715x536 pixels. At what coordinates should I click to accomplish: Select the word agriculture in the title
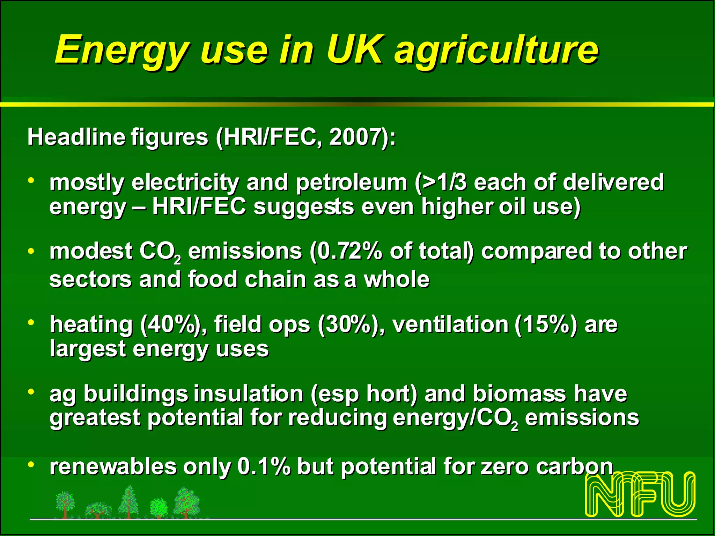tap(496, 52)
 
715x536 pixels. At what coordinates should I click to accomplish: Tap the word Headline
tap(76, 136)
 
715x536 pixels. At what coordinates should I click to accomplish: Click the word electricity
tap(185, 182)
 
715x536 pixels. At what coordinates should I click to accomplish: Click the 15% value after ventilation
tap(546, 325)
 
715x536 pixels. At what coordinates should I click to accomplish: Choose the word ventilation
tap(450, 325)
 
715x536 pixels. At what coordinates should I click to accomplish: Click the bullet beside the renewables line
tap(31, 464)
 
